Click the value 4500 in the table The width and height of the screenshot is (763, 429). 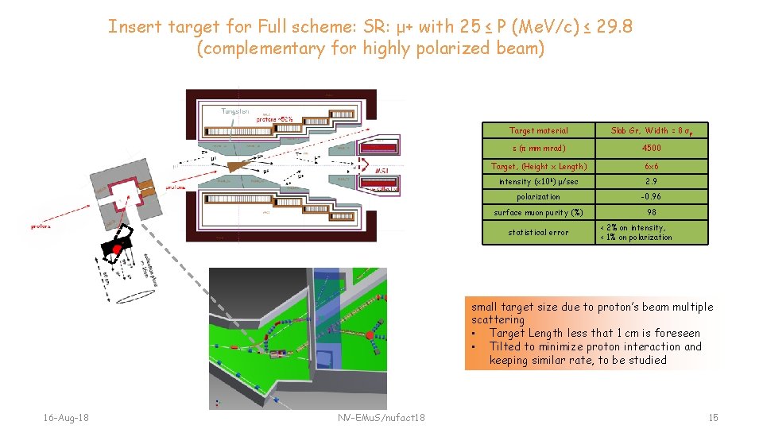(651, 148)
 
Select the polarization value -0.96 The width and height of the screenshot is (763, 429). (651, 196)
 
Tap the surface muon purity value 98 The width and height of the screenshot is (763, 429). (651, 212)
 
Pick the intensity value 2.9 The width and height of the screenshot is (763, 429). (651, 182)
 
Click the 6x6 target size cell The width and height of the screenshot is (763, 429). (651, 167)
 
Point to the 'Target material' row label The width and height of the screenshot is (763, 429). (538, 130)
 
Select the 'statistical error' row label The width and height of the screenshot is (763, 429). (538, 232)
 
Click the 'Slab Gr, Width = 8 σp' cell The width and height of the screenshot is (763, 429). (651, 130)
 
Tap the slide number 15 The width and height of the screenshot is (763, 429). (713, 417)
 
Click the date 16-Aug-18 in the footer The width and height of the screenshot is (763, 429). (67, 417)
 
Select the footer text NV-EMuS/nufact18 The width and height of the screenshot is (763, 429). (381, 417)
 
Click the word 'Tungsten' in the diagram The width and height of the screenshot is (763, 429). (235, 111)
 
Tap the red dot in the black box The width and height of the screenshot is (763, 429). (117, 249)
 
